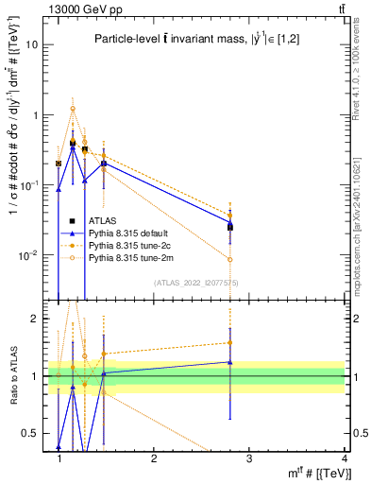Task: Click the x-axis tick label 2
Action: (154, 458)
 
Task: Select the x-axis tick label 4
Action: (344, 458)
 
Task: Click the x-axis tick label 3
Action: (248, 458)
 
